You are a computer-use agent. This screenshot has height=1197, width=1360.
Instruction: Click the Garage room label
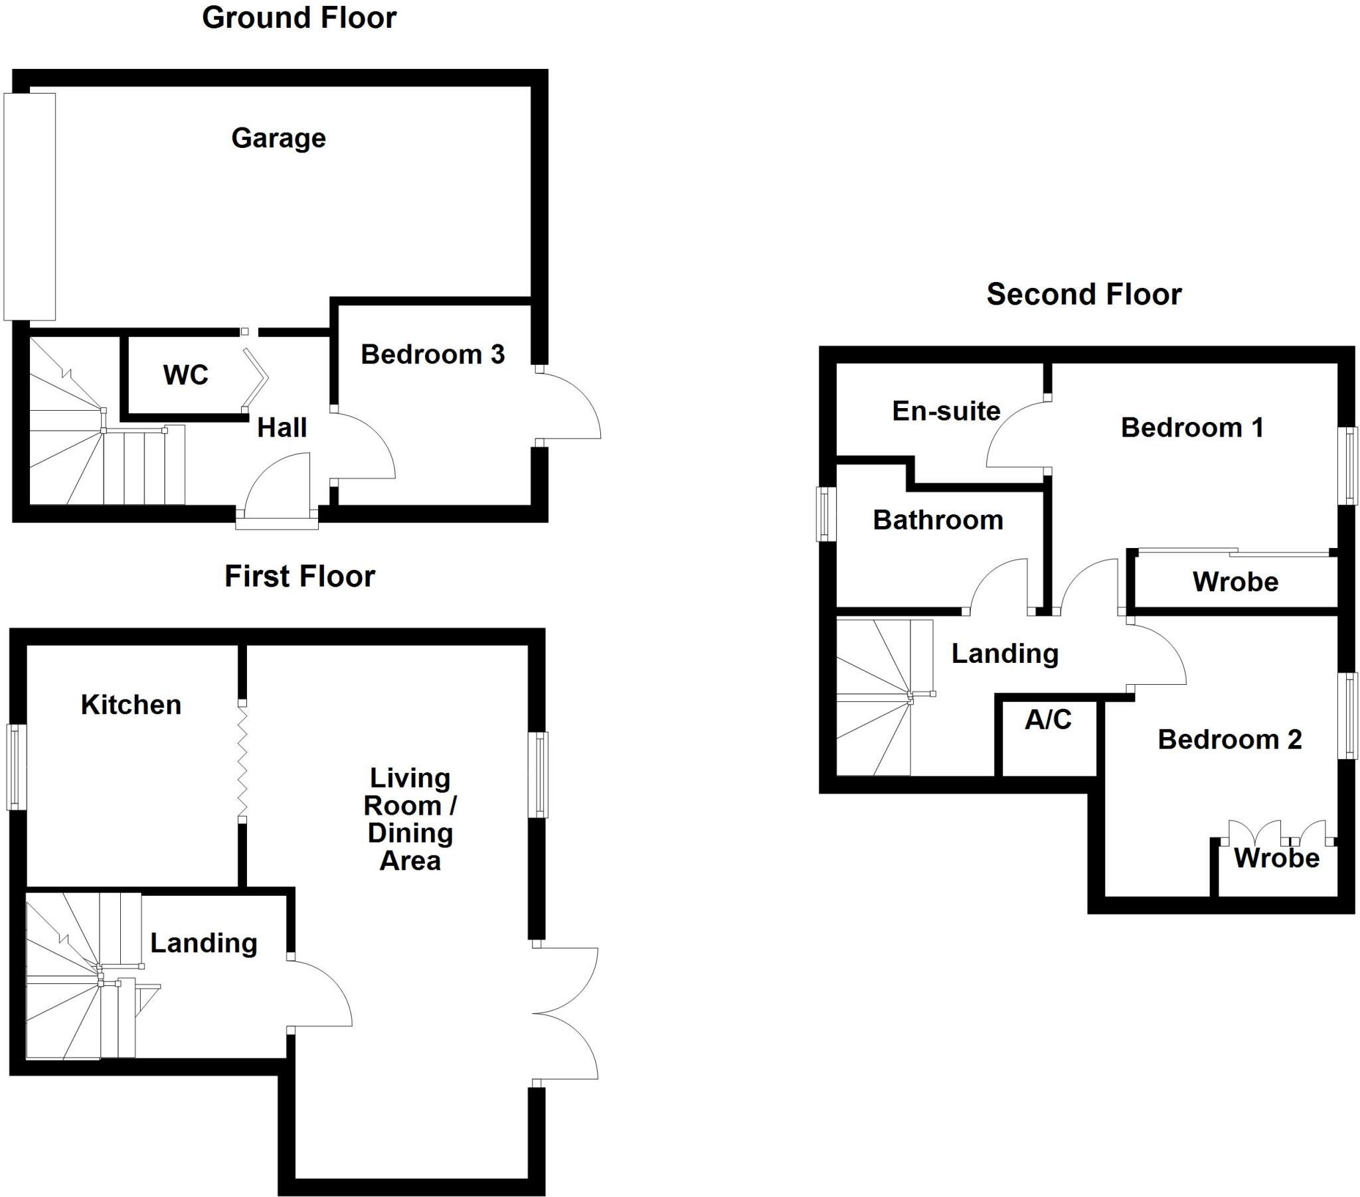point(279,138)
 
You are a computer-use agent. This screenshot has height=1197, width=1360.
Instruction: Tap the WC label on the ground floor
point(186,375)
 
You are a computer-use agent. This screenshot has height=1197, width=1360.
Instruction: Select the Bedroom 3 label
point(432,354)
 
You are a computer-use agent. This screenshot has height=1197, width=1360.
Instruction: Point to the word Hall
point(282,427)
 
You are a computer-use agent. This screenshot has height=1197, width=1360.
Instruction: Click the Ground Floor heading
point(299,18)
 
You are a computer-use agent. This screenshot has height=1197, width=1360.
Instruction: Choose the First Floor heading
point(299,576)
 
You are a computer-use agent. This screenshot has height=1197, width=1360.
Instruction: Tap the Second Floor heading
point(1084,294)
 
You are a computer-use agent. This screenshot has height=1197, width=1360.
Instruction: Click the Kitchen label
point(131,705)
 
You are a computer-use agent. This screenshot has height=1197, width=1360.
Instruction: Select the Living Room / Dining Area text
point(410,819)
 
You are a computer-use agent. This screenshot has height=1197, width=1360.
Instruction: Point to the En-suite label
point(946,411)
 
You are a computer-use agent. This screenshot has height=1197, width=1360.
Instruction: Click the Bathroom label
point(938,520)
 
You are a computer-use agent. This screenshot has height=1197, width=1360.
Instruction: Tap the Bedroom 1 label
point(1193,427)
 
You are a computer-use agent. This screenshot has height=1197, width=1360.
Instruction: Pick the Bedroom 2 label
point(1230,739)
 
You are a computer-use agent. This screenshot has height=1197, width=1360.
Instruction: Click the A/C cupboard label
point(1048,719)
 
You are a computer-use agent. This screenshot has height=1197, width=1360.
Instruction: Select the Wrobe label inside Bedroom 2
point(1277,858)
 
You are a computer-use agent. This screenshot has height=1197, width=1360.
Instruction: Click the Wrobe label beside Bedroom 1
point(1236,582)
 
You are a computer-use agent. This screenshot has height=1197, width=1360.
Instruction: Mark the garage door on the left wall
point(29,206)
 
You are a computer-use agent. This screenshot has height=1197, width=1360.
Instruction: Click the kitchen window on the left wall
point(17,767)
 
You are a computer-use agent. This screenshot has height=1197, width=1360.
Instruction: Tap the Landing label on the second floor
point(1005,654)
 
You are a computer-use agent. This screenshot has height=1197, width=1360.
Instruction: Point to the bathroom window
point(825,514)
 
